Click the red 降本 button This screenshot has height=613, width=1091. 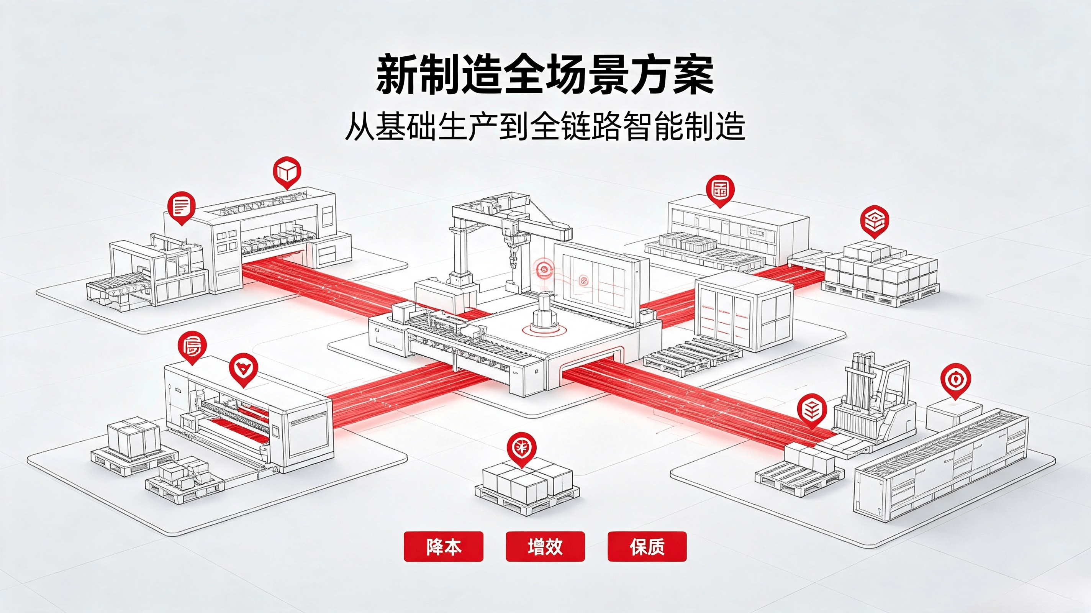[x=444, y=546]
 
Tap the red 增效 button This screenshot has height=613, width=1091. [x=545, y=546]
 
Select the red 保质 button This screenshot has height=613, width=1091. [x=647, y=546]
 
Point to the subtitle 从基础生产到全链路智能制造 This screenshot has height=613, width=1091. [x=545, y=126]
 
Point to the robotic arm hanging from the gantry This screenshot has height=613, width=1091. [x=513, y=246]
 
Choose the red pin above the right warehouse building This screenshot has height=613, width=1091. [x=721, y=192]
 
